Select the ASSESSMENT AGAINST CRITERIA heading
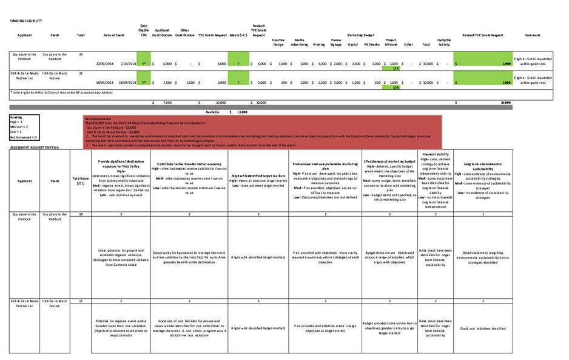(x=34, y=148)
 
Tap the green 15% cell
(x=396, y=68)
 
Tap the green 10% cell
(x=396, y=87)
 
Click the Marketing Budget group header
(x=362, y=35)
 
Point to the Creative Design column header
(x=278, y=42)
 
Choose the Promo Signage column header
(x=335, y=42)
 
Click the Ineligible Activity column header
(x=443, y=42)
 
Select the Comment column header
(x=532, y=35)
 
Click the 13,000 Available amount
(x=241, y=112)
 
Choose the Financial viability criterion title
(x=436, y=155)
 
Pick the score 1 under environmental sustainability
(x=482, y=214)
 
